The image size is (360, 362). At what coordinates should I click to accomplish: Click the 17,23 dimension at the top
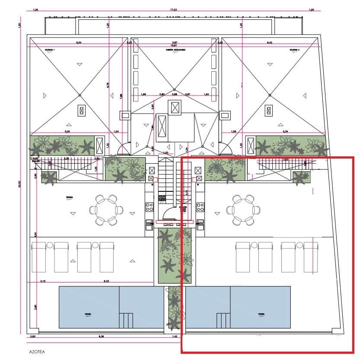pos(174,10)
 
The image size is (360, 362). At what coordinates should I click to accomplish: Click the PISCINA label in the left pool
pos(88,314)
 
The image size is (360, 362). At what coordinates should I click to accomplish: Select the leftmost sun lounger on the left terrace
pos(39,257)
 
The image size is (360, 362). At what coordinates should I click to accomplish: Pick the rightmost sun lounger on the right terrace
pos(310,257)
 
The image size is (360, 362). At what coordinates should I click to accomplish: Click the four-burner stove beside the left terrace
pos(149,207)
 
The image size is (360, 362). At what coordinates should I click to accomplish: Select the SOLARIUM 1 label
pos(50,50)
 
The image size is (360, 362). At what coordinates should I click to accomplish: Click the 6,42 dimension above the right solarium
pos(270,43)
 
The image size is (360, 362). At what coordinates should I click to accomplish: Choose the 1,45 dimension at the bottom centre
pos(175,336)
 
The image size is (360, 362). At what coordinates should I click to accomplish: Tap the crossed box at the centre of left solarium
pos(80,110)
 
